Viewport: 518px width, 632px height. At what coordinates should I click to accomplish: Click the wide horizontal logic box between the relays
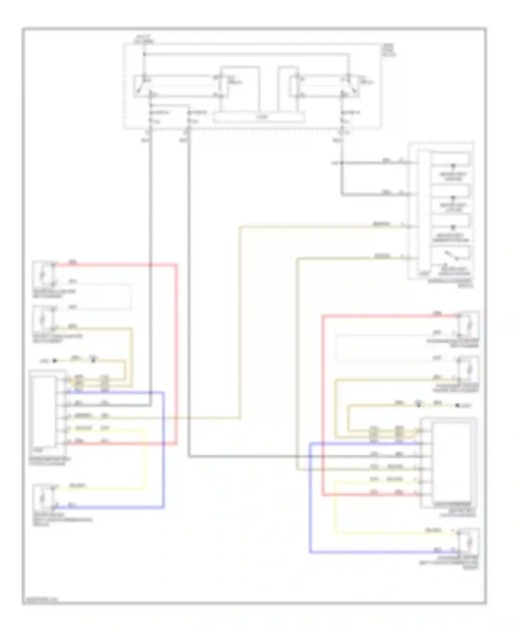(259, 117)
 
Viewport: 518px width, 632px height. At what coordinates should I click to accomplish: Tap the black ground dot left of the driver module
(54, 361)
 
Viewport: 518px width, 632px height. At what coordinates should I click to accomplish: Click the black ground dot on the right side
(458, 405)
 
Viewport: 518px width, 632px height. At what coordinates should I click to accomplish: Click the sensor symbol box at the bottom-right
(469, 541)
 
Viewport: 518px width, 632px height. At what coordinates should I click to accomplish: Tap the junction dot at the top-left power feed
(145, 54)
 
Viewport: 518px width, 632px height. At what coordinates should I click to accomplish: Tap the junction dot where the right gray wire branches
(342, 162)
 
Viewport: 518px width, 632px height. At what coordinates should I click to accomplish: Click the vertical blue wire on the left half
(163, 449)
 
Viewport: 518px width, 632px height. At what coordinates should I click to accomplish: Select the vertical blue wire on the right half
(310, 498)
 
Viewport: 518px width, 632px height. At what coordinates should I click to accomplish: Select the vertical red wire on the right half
(323, 405)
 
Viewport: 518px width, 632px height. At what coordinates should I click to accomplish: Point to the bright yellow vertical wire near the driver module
(145, 460)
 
